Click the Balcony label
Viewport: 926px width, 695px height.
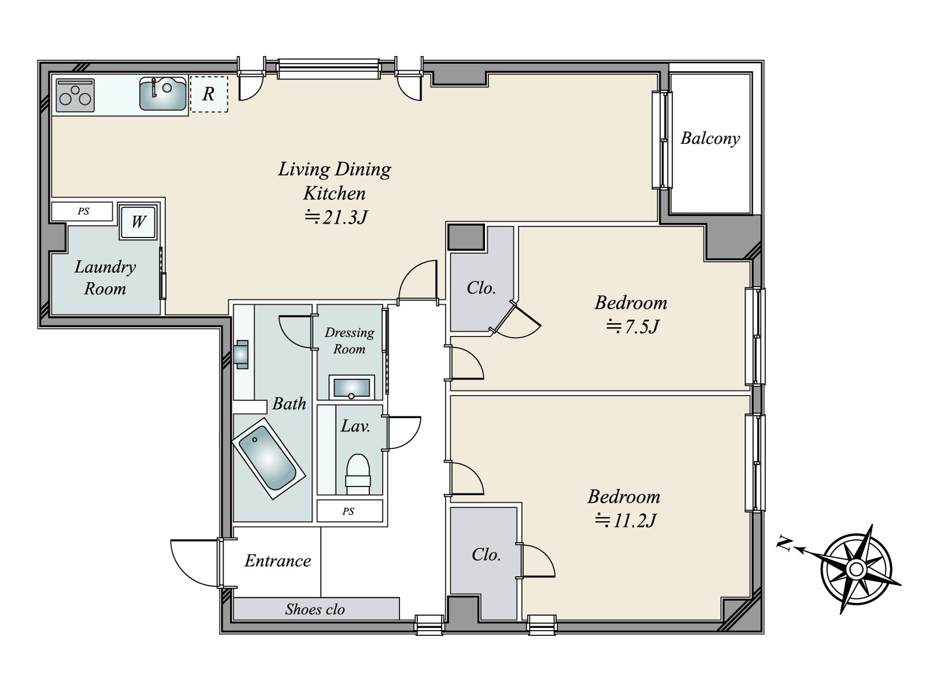710,139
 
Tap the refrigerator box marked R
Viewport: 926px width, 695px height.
209,94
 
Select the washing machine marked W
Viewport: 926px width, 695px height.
138,222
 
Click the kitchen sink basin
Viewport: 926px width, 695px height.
163,94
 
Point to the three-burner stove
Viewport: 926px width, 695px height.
75,96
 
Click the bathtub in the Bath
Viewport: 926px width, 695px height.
269,458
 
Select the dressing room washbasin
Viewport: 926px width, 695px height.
351,387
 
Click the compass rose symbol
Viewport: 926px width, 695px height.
857,569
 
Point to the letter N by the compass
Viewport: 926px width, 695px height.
784,543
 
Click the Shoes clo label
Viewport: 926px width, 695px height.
315,609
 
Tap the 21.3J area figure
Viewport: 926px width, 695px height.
336,217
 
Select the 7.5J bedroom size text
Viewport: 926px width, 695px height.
633,327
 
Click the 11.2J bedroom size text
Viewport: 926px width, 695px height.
626,521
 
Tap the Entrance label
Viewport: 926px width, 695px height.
278,561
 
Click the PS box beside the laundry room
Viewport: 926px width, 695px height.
82,211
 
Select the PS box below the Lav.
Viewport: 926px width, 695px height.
350,511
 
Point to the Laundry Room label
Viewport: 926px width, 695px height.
105,277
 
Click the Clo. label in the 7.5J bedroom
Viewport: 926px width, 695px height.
481,288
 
